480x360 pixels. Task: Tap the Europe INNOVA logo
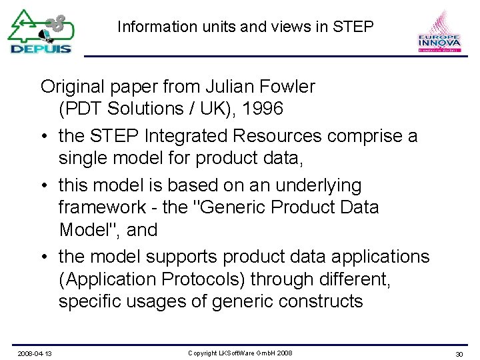439,31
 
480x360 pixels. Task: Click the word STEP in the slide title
353,27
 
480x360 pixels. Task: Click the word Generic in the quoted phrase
230,207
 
